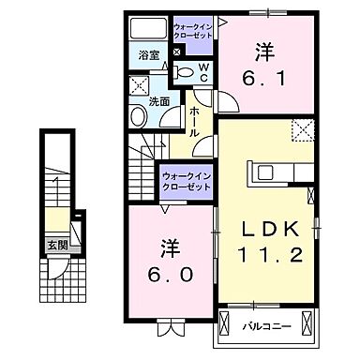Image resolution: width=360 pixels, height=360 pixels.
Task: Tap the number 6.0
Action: tap(170, 277)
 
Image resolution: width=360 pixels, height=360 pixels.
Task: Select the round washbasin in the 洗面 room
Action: tap(137, 117)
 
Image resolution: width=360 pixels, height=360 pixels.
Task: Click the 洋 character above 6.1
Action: tap(265, 50)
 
